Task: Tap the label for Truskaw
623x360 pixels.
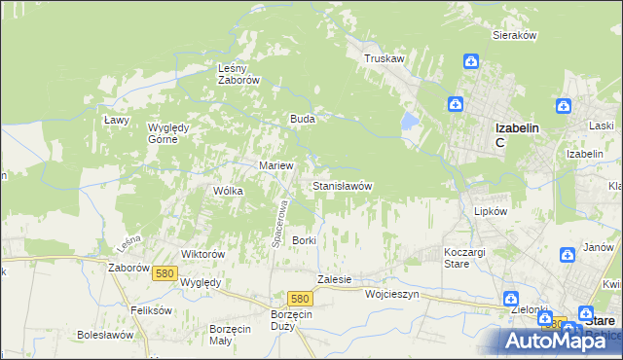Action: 384,58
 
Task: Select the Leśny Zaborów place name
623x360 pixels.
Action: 238,74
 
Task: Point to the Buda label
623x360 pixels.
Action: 301,119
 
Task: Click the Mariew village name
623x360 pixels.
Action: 275,165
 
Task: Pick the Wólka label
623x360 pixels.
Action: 228,191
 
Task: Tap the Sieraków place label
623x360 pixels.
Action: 515,34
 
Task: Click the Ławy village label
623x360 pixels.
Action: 117,120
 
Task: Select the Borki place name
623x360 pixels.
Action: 305,239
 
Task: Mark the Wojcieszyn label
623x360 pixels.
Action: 391,292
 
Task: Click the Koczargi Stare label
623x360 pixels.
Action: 457,257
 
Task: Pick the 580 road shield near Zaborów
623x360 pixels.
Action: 164,273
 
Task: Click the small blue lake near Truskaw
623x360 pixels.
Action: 410,123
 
